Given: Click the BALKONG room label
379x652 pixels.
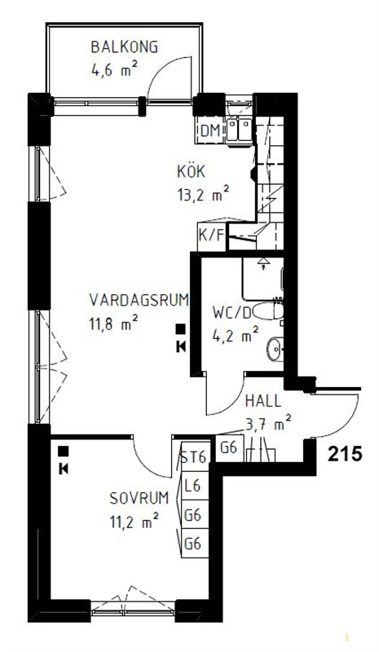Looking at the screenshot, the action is coord(125,47).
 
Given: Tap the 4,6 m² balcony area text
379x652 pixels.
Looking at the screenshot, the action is coord(114,69).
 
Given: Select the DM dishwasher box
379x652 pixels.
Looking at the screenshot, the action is coord(210,130).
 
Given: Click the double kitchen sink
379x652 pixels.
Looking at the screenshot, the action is coord(239,130).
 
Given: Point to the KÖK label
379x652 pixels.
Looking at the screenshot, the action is coord(191,171).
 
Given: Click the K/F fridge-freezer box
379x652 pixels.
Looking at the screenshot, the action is coord(212,236).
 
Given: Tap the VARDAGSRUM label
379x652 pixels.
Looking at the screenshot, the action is coord(139,299).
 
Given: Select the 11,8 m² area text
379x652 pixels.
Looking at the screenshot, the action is coord(113,324).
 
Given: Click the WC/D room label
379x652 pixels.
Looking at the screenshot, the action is coord(231,312).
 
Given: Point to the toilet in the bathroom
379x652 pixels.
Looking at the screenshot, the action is coord(268,311).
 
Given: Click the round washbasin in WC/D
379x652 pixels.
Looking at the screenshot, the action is coord(275,347).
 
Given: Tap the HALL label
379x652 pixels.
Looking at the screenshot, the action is coord(263,401).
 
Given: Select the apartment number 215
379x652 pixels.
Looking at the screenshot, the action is coord(344,454).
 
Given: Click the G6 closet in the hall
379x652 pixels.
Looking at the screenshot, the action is coord(229,448).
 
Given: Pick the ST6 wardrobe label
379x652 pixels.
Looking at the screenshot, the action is coord(194,458).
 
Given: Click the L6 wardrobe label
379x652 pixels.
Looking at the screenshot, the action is coord(193,486).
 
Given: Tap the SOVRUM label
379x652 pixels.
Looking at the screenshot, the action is coord(139,498).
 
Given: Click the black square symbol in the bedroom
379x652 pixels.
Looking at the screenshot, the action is coord(64,451).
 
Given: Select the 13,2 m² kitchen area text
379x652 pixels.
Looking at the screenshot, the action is coord(203,195).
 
